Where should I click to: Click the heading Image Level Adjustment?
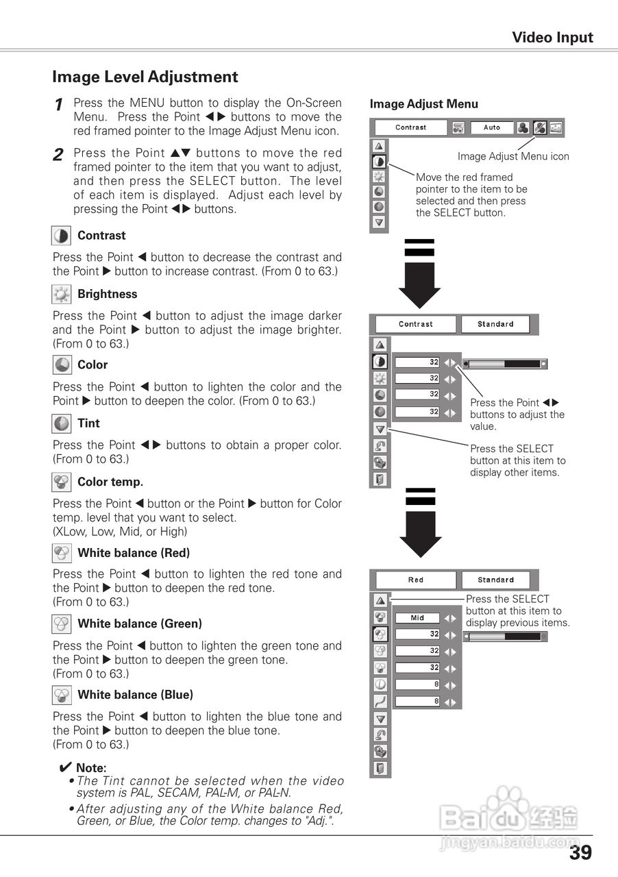click(x=145, y=77)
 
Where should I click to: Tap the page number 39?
click(x=580, y=852)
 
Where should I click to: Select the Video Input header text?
click(x=552, y=38)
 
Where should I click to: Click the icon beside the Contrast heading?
click(x=61, y=236)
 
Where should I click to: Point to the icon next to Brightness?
click(x=61, y=295)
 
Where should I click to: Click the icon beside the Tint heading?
click(x=61, y=423)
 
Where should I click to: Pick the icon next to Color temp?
click(x=61, y=482)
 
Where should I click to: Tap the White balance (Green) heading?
click(x=140, y=623)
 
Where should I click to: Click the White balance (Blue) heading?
click(x=136, y=695)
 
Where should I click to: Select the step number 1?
click(x=59, y=105)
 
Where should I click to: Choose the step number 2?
click(x=59, y=155)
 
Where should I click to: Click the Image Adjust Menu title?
click(x=424, y=104)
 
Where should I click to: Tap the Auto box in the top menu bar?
click(x=492, y=127)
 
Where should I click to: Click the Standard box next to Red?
click(x=495, y=580)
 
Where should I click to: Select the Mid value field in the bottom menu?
click(x=417, y=618)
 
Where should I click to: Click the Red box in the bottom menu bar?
click(x=416, y=580)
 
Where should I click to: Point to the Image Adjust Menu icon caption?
click(x=513, y=156)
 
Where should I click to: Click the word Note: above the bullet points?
click(x=91, y=768)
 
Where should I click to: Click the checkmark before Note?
click(x=66, y=767)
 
